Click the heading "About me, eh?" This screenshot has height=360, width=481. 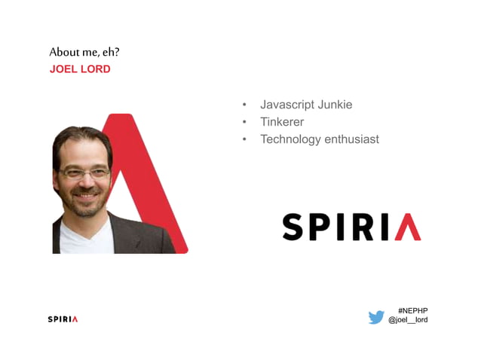[84, 52]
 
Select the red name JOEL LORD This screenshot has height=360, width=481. [80, 69]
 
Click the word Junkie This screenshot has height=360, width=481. [334, 105]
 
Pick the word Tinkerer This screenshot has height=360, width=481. [282, 122]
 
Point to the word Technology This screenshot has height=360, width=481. [290, 139]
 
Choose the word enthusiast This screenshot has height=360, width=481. [351, 139]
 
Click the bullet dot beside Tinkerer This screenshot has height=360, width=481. [244, 122]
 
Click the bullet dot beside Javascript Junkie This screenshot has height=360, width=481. [244, 105]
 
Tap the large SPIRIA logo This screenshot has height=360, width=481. [351, 226]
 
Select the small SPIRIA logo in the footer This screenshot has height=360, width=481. [63, 319]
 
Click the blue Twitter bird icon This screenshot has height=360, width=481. [376, 317]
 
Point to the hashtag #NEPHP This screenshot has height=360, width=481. [412, 310]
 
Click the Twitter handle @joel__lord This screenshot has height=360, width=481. [408, 320]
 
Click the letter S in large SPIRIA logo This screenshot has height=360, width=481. [296, 227]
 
